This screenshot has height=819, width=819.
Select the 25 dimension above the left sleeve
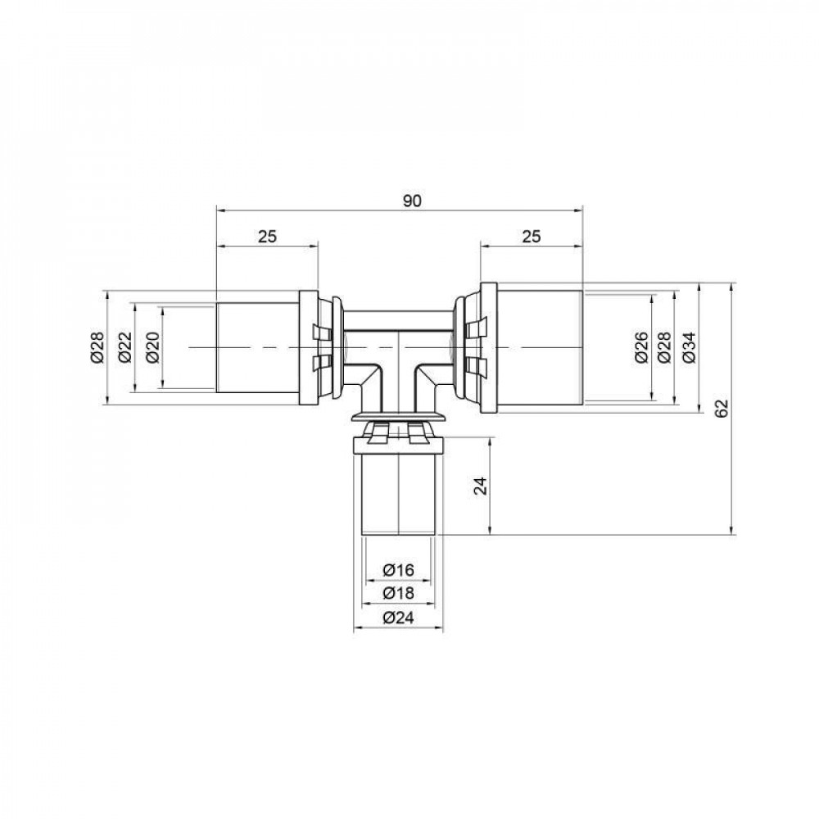click(267, 237)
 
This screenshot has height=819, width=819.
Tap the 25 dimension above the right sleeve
click(532, 237)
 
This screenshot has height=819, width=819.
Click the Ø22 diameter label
click(124, 348)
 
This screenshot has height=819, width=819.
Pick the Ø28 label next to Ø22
click(97, 348)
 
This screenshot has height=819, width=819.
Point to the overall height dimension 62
click(722, 409)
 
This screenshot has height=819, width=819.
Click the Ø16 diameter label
click(399, 570)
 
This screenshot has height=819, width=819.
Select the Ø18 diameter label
click(399, 593)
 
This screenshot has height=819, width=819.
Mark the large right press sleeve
click(541, 348)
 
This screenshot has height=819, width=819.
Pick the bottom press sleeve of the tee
click(398, 495)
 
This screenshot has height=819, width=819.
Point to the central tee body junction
click(398, 352)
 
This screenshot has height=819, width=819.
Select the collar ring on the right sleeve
click(488, 348)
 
